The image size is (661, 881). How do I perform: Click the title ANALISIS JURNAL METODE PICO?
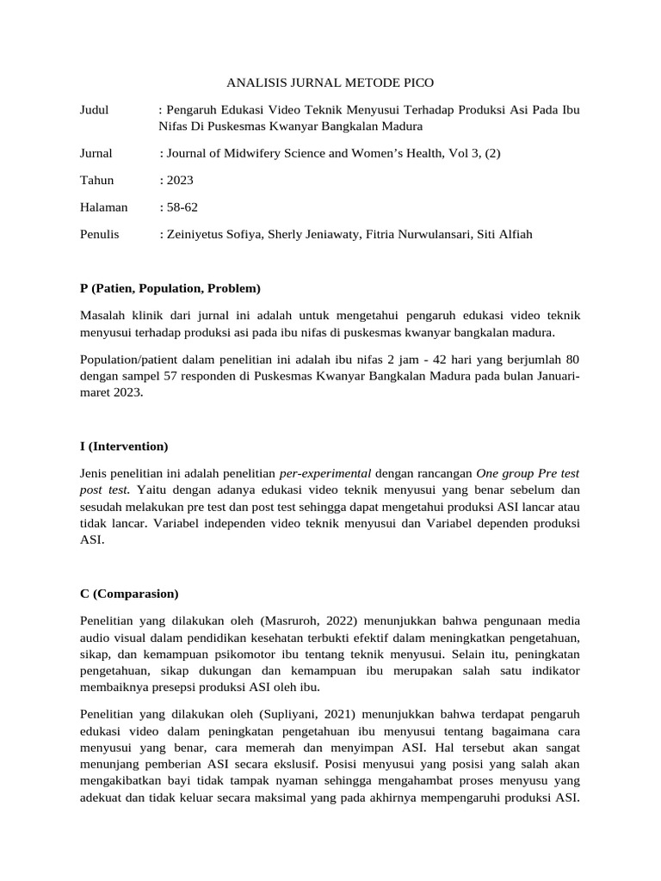tap(330, 83)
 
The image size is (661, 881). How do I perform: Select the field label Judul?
tap(94, 111)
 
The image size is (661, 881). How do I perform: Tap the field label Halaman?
tap(103, 207)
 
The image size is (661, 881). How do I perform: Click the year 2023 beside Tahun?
tap(179, 181)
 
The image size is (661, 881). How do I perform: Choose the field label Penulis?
tap(99, 234)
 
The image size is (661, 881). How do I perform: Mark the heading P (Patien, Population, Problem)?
tap(170, 287)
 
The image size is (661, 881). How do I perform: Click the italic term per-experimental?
tap(325, 473)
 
